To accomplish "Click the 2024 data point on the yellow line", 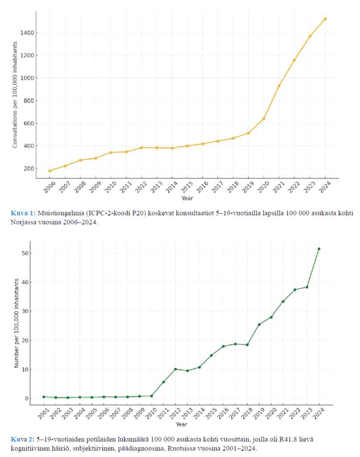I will coord(325,19).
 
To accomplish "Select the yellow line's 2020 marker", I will coord(264,119).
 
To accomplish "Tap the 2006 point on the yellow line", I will coord(50,171).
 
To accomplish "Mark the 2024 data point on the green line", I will coord(319,249).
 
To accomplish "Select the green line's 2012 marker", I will coord(175,369).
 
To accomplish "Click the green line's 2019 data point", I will coord(259,324).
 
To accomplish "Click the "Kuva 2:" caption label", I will coord(21,440).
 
